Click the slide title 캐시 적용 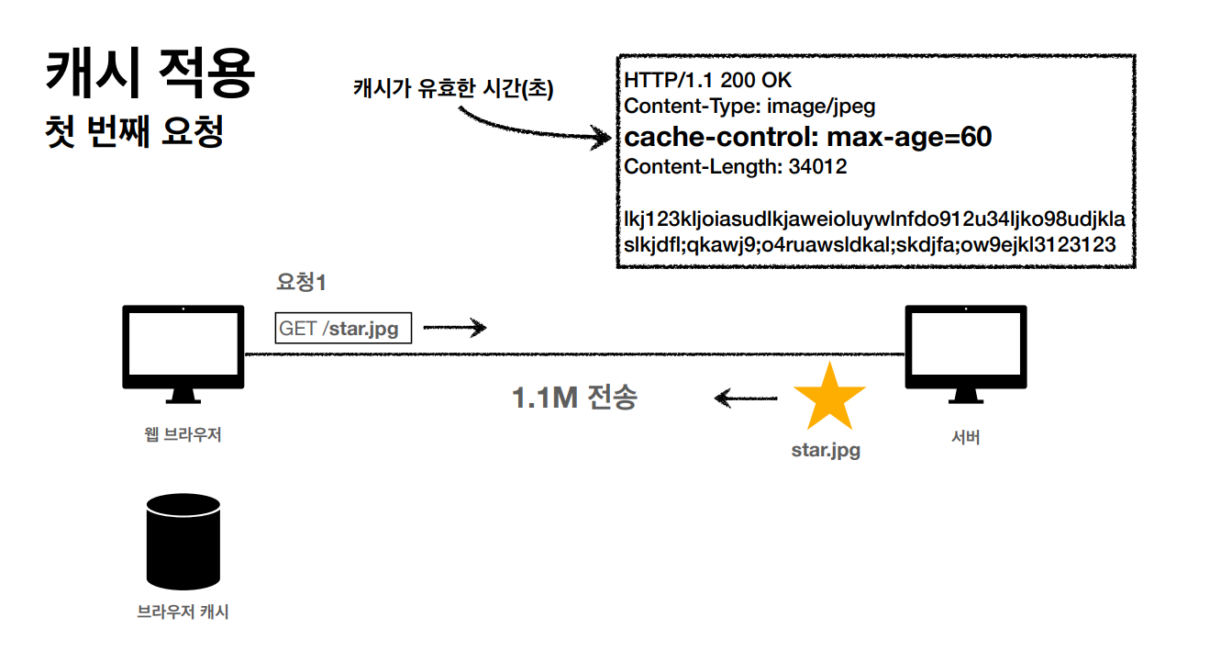pyautogui.click(x=150, y=75)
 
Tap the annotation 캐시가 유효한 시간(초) pyautogui.click(x=453, y=88)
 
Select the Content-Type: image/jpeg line pyautogui.click(x=749, y=107)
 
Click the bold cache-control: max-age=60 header pyautogui.click(x=807, y=138)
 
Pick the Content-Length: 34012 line pyautogui.click(x=735, y=167)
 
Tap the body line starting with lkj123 pyautogui.click(x=874, y=220)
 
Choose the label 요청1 pyautogui.click(x=301, y=283)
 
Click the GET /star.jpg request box pyautogui.click(x=343, y=328)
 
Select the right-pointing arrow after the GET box pyautogui.click(x=454, y=328)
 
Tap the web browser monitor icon pyautogui.click(x=183, y=353)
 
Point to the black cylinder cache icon pyautogui.click(x=183, y=542)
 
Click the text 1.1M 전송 pyautogui.click(x=574, y=398)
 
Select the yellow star pyautogui.click(x=828, y=397)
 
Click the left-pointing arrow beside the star pyautogui.click(x=745, y=398)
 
